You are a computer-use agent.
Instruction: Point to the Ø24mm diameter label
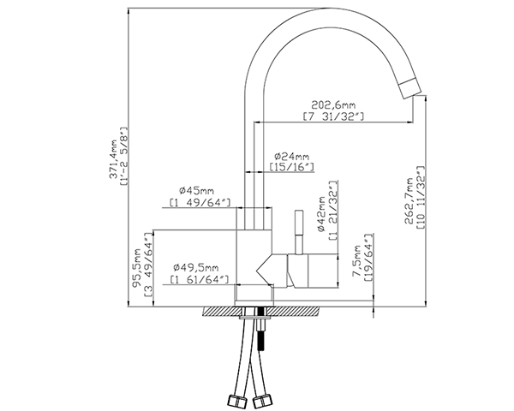click(x=290, y=158)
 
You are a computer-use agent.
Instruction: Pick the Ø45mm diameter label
click(x=196, y=190)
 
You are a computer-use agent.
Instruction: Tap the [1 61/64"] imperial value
click(x=198, y=279)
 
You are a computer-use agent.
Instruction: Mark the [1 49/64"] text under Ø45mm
click(x=198, y=203)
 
